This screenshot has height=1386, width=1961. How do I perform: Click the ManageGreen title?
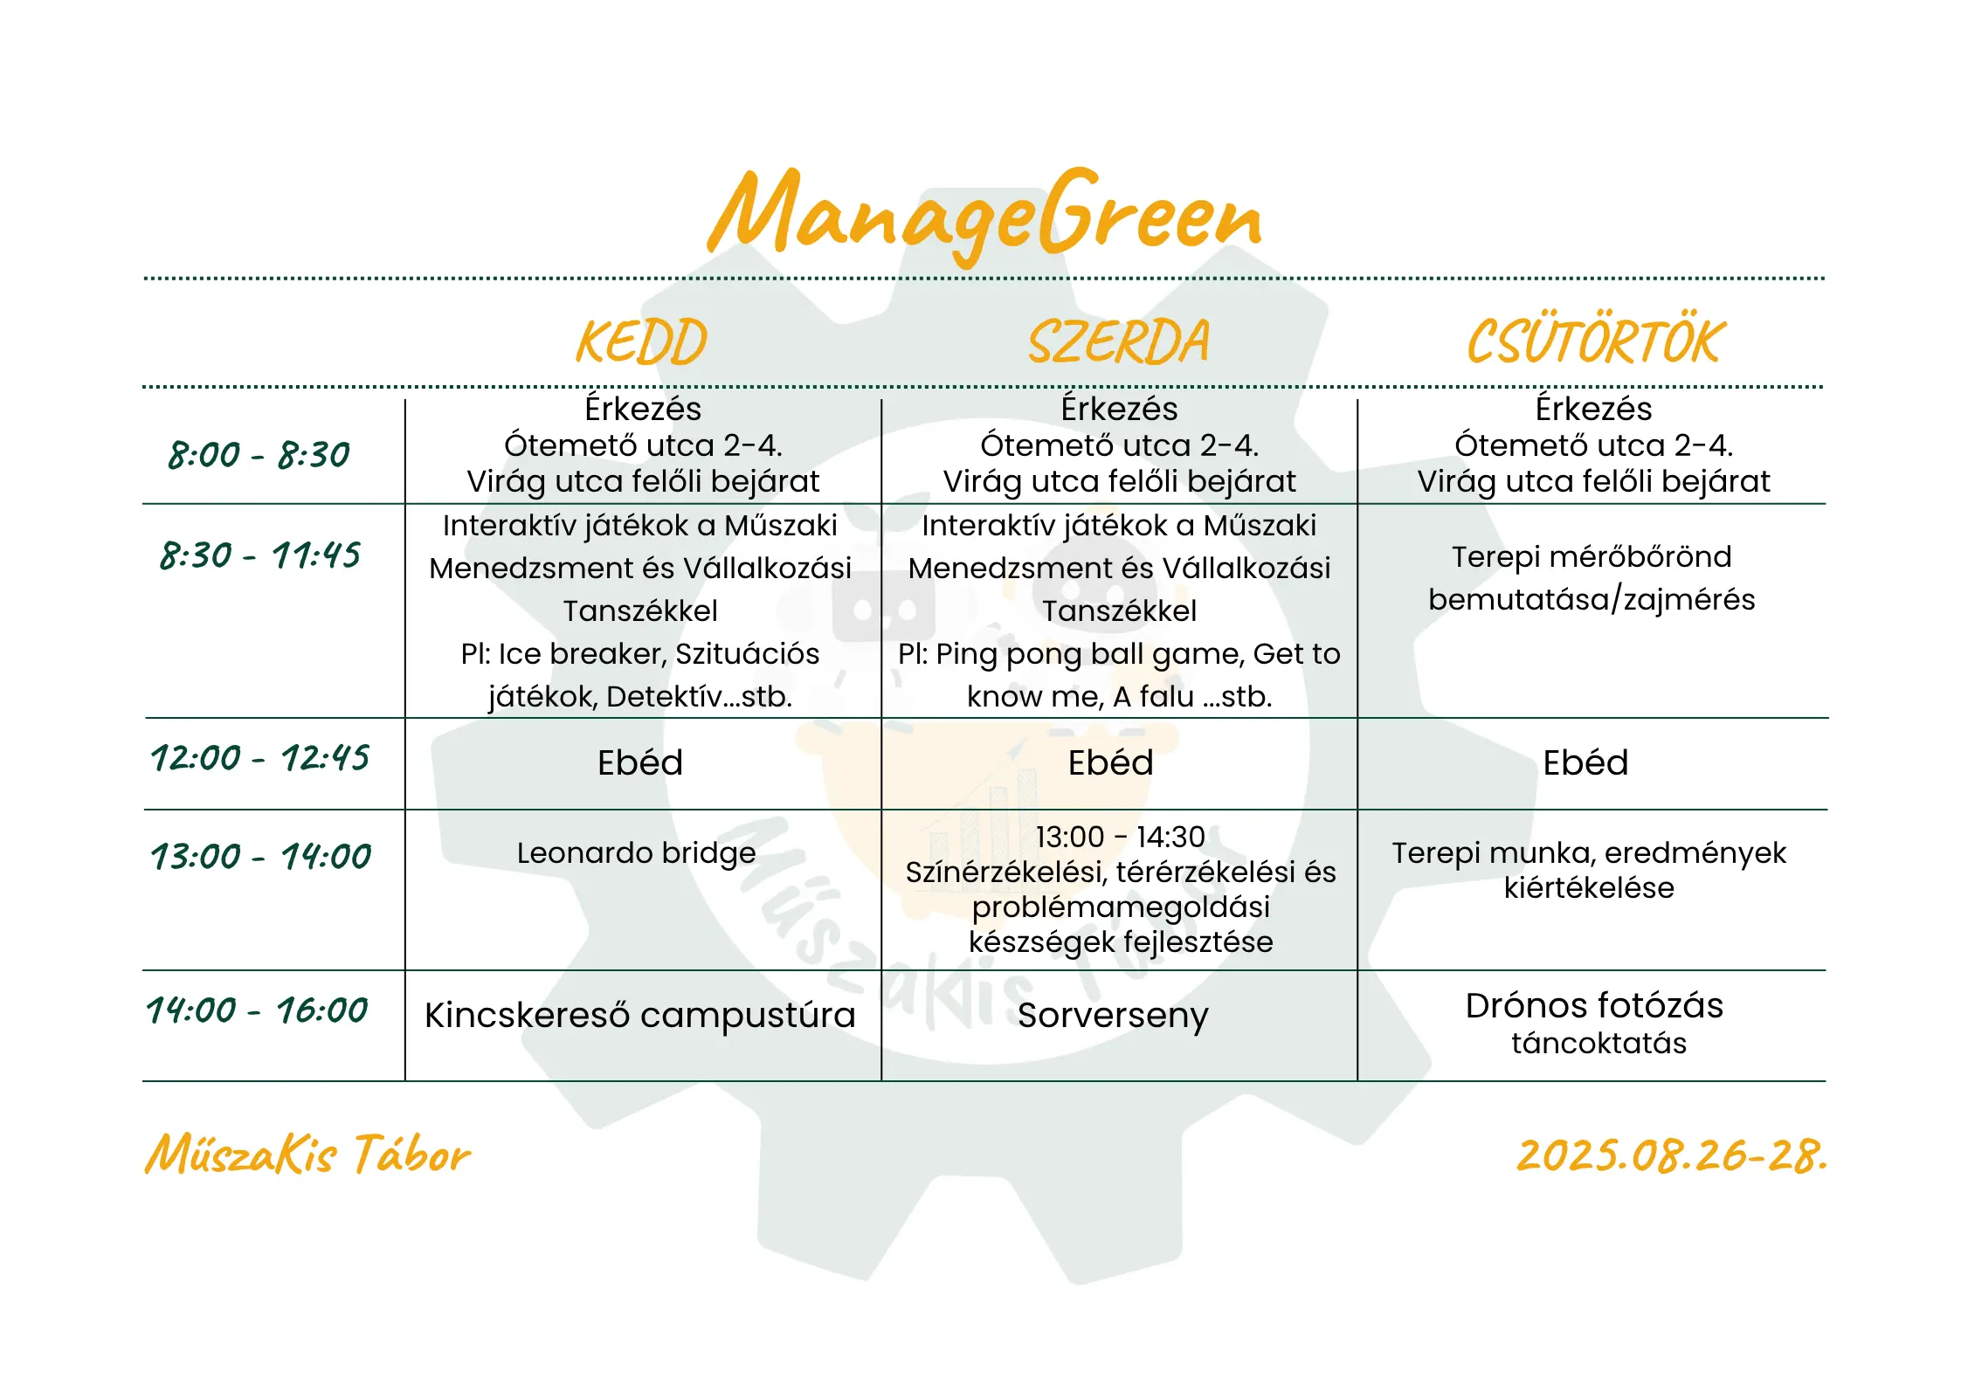(x=984, y=214)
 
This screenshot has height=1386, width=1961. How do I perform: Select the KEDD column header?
(x=642, y=341)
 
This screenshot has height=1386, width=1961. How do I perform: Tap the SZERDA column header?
(x=1119, y=341)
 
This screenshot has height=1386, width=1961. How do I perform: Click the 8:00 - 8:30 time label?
(x=259, y=455)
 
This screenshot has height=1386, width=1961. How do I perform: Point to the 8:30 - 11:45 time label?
(x=259, y=555)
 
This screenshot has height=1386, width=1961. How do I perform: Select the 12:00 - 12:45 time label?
(x=259, y=758)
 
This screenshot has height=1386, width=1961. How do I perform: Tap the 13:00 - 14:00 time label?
(x=260, y=857)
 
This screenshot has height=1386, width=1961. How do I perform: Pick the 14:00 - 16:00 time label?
(x=257, y=1010)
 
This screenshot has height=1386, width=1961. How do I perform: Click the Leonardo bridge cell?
(x=636, y=853)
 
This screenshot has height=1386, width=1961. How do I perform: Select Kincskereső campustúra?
(x=639, y=1015)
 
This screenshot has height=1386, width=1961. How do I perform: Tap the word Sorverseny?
(x=1113, y=1015)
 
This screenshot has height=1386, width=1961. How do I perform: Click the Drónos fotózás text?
(x=1594, y=1005)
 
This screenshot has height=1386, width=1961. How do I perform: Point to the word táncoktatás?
(x=1598, y=1043)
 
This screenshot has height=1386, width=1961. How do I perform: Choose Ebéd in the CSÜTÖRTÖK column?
(x=1585, y=762)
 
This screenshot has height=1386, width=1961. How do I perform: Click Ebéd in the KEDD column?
(x=640, y=762)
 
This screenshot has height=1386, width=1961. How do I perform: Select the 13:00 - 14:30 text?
(x=1120, y=837)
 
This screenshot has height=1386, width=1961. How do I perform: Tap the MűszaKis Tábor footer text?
(x=307, y=1155)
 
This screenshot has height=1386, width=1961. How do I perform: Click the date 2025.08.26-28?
(x=1671, y=1155)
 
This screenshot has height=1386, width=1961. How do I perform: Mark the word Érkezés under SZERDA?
(x=1119, y=409)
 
